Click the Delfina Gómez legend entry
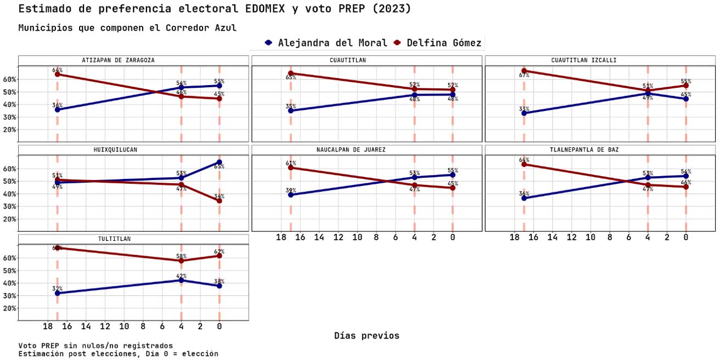(x=437, y=43)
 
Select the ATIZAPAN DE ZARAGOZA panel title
(x=133, y=60)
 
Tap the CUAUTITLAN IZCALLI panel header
(x=600, y=60)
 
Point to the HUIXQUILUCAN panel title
(x=133, y=150)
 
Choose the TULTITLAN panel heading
(x=133, y=239)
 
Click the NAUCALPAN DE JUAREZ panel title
(x=367, y=150)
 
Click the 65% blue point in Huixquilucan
(x=220, y=162)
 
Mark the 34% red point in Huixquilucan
(x=220, y=201)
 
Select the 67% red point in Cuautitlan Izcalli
(x=524, y=70)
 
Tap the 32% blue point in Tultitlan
(x=57, y=293)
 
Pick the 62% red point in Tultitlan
(x=220, y=256)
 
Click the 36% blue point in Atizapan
(x=57, y=110)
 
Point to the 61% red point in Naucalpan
(x=290, y=167)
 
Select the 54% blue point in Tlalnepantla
(x=686, y=176)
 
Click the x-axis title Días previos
(x=367, y=335)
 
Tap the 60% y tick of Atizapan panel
(x=10, y=79)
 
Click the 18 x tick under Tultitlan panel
(x=48, y=327)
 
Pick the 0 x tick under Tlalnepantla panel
(x=686, y=237)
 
